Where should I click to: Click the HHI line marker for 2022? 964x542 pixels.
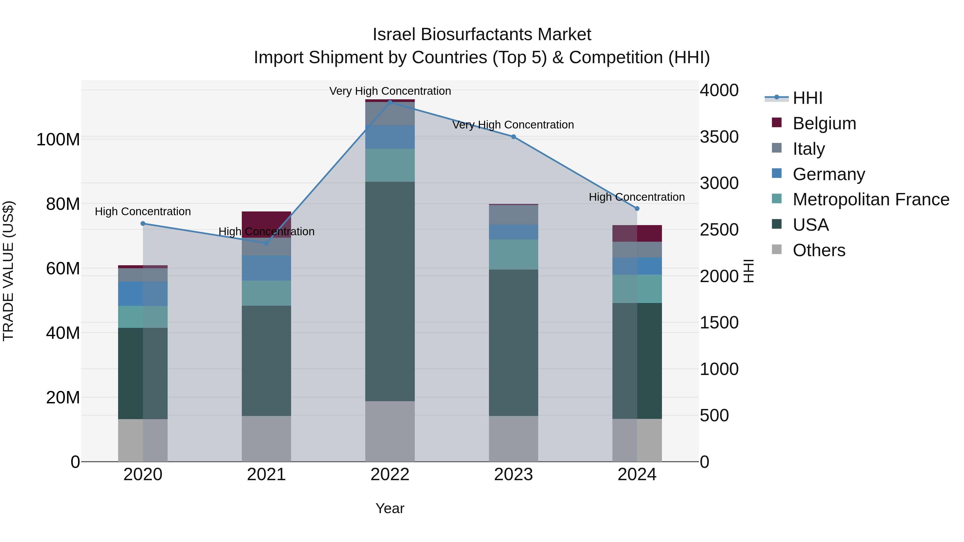pyautogui.click(x=390, y=102)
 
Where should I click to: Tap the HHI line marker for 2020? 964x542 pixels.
pyautogui.click(x=143, y=224)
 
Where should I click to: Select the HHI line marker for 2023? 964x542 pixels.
pyautogui.click(x=513, y=137)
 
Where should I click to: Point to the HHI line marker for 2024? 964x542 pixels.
pyautogui.click(x=637, y=209)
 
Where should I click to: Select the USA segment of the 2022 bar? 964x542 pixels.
pyautogui.click(x=390, y=291)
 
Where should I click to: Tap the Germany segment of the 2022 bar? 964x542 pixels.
pyautogui.click(x=390, y=137)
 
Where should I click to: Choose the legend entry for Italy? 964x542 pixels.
pyautogui.click(x=808, y=149)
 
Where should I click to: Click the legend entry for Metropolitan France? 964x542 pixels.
pyautogui.click(x=871, y=200)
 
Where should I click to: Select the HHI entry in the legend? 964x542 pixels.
pyautogui.click(x=807, y=98)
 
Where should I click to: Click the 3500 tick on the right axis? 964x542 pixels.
pyautogui.click(x=719, y=137)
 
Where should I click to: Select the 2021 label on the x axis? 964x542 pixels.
pyautogui.click(x=266, y=475)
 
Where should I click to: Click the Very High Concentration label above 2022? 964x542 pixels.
pyautogui.click(x=390, y=91)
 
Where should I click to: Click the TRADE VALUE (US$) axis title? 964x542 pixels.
pyautogui.click(x=8, y=271)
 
